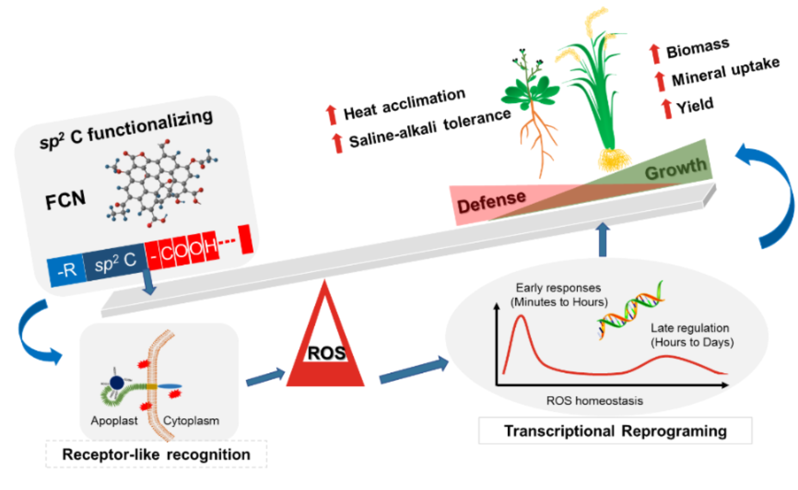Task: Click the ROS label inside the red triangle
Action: click(x=326, y=353)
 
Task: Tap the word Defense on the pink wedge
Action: click(x=492, y=202)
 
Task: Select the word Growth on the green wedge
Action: click(x=676, y=169)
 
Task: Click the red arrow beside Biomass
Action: click(x=655, y=54)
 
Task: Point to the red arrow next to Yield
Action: click(x=667, y=108)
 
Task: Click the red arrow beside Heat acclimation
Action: click(x=331, y=115)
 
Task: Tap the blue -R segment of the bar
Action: click(x=67, y=270)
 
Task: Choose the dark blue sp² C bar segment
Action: click(x=115, y=262)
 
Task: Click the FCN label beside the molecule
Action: click(x=66, y=199)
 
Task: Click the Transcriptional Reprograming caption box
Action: click(x=615, y=430)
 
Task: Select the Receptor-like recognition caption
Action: click(x=156, y=454)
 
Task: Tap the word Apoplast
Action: click(x=114, y=421)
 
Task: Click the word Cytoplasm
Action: click(x=191, y=421)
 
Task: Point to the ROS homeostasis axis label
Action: click(x=595, y=400)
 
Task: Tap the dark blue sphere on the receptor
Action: click(x=117, y=383)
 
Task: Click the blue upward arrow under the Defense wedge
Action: click(x=602, y=239)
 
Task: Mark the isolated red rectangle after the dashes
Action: click(x=245, y=239)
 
